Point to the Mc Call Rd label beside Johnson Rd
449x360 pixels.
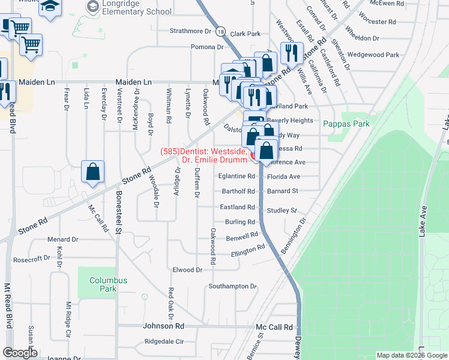point(274,327)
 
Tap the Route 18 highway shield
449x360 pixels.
point(221,32)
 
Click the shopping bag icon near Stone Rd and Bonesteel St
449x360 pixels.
point(93,172)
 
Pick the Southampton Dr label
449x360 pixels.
point(232,286)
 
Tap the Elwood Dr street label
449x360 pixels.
point(187,270)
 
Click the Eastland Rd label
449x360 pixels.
point(238,207)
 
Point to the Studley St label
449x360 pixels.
point(282,211)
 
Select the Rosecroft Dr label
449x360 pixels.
point(32,259)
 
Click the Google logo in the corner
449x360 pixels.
point(20,353)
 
